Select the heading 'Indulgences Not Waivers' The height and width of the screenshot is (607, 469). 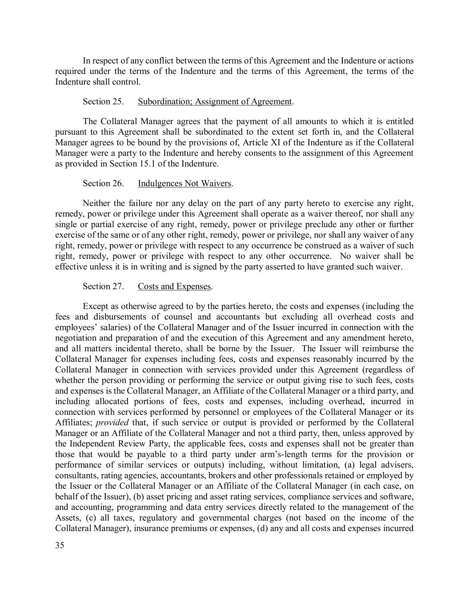coord(184,183)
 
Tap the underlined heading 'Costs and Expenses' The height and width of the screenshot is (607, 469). coord(174,286)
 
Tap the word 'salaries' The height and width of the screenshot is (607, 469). coord(114,327)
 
